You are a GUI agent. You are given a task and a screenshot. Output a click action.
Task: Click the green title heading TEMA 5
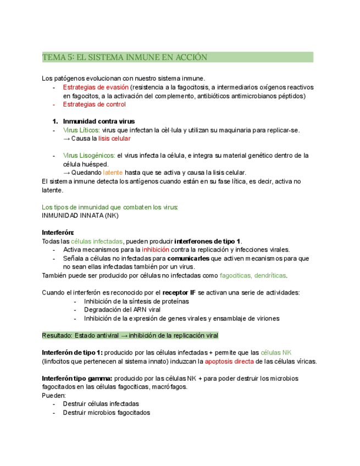[x=125, y=57]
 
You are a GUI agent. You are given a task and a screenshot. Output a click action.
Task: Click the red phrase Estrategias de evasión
[x=96, y=87]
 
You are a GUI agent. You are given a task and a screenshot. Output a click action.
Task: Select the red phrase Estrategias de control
[x=94, y=104]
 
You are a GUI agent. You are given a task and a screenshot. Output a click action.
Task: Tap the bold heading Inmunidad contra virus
[x=98, y=121]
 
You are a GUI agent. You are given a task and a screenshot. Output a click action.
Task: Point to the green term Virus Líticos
[x=81, y=130]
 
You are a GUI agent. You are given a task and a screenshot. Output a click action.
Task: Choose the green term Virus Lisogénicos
[x=88, y=156]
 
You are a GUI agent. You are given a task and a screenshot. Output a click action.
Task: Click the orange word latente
[x=113, y=173]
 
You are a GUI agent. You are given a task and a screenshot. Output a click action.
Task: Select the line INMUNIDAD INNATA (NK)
[x=80, y=215]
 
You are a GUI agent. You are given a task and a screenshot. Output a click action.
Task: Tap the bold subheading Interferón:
[x=58, y=232]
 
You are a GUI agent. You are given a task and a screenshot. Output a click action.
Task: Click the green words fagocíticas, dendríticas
[x=253, y=275]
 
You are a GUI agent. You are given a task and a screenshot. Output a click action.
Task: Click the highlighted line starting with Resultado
[x=130, y=335]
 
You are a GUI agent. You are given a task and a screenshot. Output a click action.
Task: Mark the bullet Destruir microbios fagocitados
[x=106, y=412]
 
